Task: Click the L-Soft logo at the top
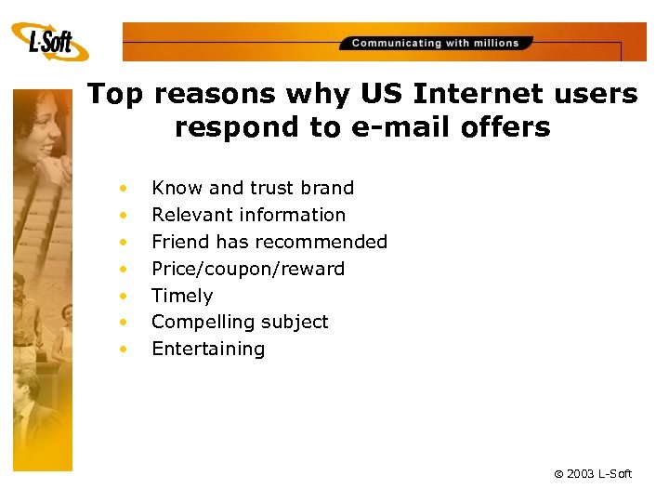point(50,41)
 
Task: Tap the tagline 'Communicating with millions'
point(435,43)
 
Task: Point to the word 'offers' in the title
point(507,127)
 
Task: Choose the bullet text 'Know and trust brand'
point(253,188)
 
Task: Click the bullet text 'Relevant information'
point(248,215)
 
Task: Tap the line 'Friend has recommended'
point(269,242)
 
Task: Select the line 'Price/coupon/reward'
point(248,269)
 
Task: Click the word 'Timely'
point(182,296)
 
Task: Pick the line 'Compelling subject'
point(240,322)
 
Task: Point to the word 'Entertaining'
point(208,349)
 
